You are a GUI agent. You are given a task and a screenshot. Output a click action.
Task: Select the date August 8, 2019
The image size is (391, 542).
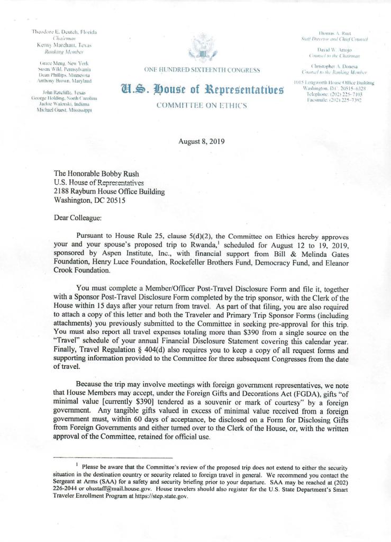203,141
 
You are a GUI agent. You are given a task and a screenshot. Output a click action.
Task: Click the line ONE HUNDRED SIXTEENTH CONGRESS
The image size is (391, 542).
203,70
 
